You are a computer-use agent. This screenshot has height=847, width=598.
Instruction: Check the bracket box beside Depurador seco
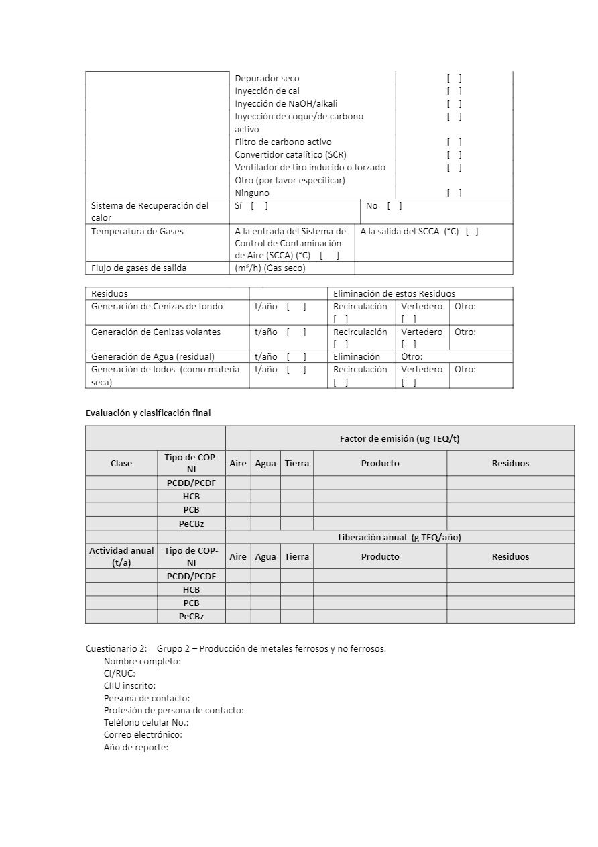[x=454, y=79]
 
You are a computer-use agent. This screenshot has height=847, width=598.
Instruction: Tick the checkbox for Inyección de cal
[x=454, y=91]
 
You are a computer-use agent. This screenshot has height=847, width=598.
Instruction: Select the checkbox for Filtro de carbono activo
[x=454, y=142]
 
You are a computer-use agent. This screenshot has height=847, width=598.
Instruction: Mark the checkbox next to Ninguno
[x=454, y=193]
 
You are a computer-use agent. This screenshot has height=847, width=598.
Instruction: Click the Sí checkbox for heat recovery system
[x=259, y=206]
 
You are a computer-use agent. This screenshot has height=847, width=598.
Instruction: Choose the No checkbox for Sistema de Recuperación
[x=394, y=206]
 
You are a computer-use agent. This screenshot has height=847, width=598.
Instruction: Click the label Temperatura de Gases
[x=137, y=232]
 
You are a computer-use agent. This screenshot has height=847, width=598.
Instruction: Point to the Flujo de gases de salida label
[x=139, y=268]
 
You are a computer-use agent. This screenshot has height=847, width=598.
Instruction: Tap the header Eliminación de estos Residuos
[x=394, y=294]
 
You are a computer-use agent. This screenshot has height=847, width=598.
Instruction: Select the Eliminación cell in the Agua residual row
[x=357, y=357]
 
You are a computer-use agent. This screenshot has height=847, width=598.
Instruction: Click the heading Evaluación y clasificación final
[x=148, y=413]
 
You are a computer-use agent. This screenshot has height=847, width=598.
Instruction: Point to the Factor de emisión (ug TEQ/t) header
[x=400, y=439]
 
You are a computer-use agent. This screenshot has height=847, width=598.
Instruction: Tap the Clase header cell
[x=121, y=464]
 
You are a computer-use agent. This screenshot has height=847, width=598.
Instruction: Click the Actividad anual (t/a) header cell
[x=121, y=556]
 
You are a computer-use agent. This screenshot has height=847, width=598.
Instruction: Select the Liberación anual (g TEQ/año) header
[x=400, y=538]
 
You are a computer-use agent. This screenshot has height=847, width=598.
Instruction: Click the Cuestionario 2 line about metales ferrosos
[x=236, y=649]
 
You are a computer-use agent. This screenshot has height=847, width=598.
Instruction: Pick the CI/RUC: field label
[x=119, y=674]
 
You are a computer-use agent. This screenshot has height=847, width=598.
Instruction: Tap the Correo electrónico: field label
[x=143, y=735]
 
